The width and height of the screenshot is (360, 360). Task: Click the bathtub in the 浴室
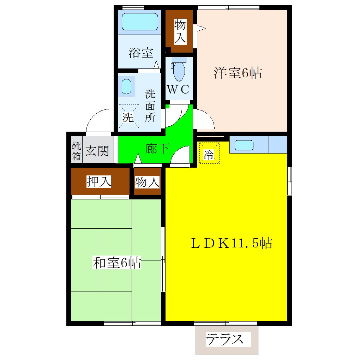139,22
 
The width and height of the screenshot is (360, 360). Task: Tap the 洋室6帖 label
238,73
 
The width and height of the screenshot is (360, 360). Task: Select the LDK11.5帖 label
231,243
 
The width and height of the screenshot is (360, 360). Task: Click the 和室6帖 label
117,263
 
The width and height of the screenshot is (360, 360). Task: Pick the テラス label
225,340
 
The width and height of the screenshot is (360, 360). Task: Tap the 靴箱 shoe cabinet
76,151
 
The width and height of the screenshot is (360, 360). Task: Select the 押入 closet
100,181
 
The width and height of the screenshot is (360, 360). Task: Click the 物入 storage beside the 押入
147,182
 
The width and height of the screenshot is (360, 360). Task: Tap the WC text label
179,90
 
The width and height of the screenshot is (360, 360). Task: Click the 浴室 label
141,53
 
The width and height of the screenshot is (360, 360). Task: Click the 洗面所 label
150,106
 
